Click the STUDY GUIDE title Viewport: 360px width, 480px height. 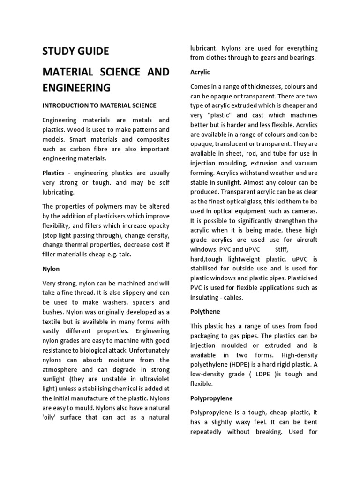click(75, 51)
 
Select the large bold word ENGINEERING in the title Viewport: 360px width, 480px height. click(76, 88)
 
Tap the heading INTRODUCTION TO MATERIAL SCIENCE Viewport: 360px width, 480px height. click(99, 105)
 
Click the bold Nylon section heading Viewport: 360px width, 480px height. click(51, 269)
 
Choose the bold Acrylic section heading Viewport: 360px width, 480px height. click(200, 72)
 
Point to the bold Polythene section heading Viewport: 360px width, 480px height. click(205, 311)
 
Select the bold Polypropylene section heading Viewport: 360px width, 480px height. click(211, 398)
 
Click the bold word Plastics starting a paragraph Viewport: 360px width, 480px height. click(53, 173)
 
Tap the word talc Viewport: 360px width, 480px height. click(124, 255)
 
